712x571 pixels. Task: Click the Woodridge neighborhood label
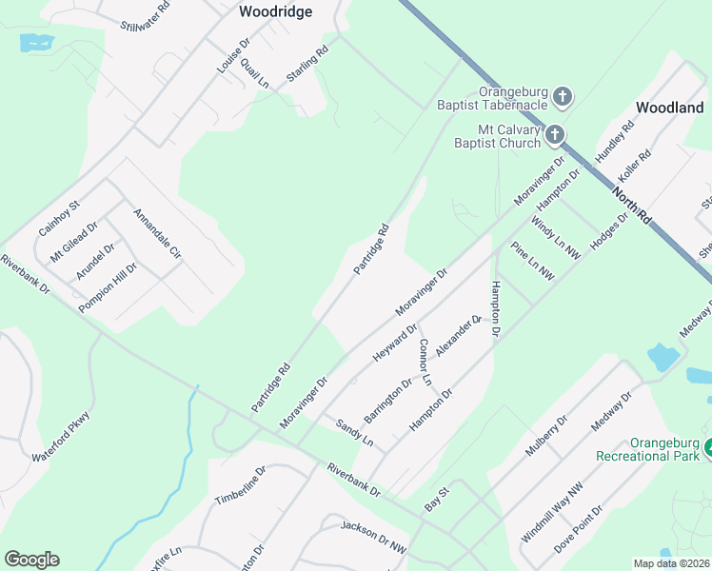pyautogui.click(x=275, y=11)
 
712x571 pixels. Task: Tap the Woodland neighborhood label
pyautogui.click(x=670, y=108)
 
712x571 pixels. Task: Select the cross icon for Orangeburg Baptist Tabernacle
pyautogui.click(x=563, y=96)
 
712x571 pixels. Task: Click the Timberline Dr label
pyautogui.click(x=240, y=484)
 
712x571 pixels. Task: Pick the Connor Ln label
pyautogui.click(x=425, y=362)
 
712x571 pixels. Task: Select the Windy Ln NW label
pyautogui.click(x=555, y=239)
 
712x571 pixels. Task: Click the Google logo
pyautogui.click(x=31, y=560)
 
